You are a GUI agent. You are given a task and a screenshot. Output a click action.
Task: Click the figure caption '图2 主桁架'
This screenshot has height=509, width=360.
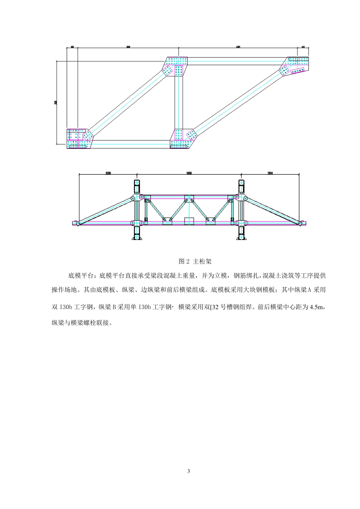195,261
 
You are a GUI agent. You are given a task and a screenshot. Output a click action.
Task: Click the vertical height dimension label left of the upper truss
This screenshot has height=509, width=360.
56,102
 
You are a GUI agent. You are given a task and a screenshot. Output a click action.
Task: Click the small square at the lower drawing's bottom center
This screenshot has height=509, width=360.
189,221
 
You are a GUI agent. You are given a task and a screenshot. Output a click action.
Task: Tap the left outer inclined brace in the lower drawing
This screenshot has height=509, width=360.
104,210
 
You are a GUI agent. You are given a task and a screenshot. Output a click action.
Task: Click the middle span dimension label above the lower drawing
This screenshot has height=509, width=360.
189,173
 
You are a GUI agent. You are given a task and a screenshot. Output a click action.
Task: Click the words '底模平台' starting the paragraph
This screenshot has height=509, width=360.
82,276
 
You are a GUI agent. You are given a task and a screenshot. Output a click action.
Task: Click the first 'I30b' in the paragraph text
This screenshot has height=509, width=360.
66,307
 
